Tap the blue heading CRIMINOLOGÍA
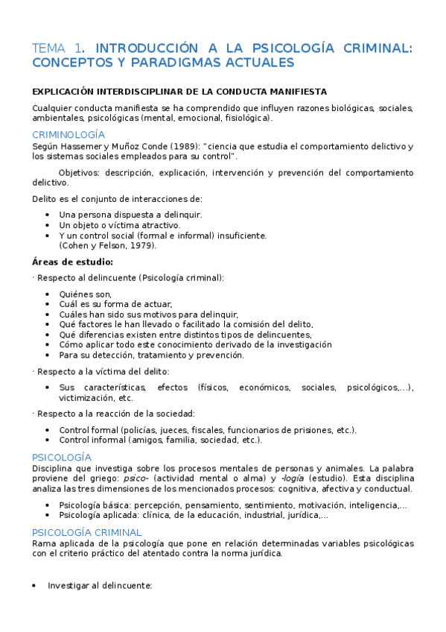pos(69,135)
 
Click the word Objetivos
pos(80,172)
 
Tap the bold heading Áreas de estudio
pos(73,262)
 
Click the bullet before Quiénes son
pos(48,294)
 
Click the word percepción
pos(146,505)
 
